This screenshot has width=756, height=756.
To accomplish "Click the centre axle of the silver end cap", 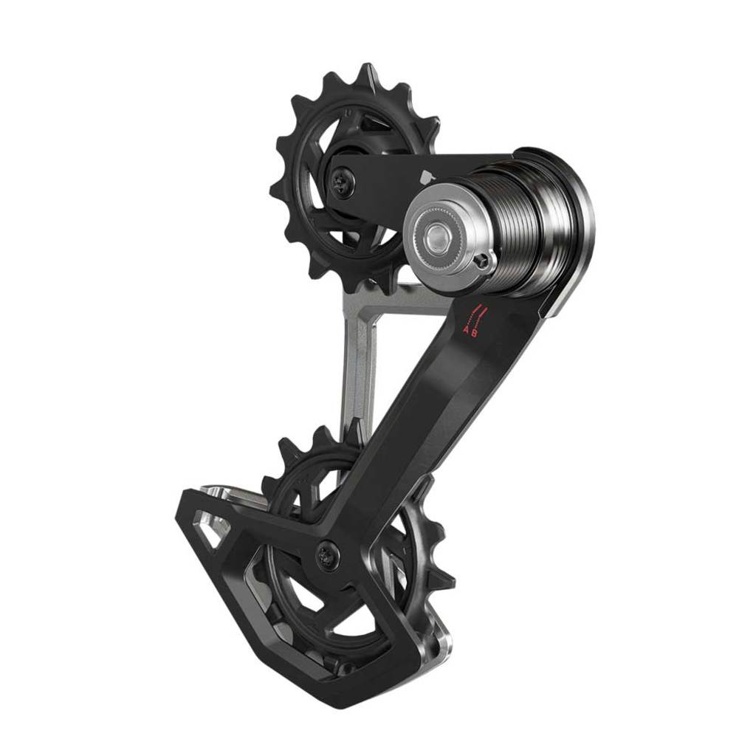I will pos(438,236).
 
